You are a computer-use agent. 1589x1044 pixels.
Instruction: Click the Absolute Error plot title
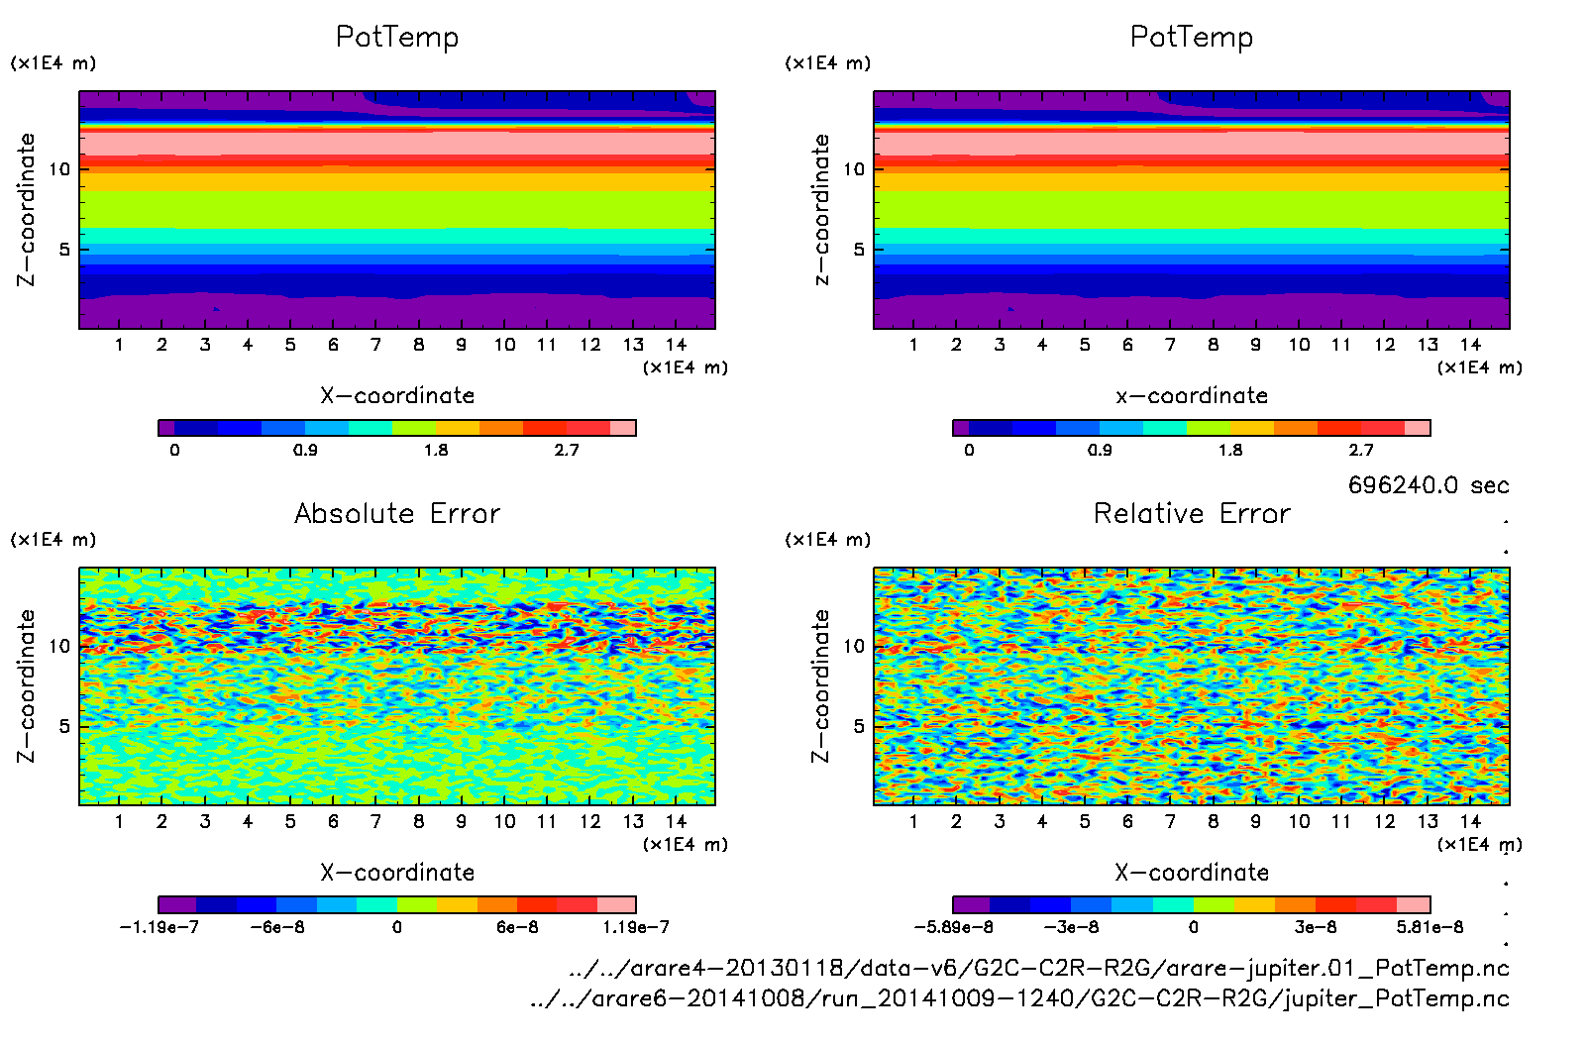point(397,513)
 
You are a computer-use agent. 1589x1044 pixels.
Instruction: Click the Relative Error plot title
point(1192,513)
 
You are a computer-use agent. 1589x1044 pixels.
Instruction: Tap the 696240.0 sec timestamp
point(1428,485)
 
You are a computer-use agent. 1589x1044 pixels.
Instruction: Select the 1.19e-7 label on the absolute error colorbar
point(636,927)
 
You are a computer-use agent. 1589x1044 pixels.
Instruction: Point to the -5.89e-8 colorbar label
point(953,927)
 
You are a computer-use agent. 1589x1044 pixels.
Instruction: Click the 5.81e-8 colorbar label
point(1430,927)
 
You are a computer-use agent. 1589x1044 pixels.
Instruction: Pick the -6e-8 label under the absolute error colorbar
point(277,927)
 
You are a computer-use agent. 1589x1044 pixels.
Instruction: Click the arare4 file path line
point(1039,968)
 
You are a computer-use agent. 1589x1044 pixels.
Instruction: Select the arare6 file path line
point(1019,998)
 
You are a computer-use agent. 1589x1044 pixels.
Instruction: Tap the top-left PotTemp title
point(397,37)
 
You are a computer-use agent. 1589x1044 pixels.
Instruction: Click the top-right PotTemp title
point(1192,37)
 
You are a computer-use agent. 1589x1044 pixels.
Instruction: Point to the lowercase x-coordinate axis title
point(1192,395)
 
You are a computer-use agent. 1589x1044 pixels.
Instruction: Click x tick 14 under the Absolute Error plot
point(676,821)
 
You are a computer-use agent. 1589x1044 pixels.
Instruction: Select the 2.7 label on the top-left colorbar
point(567,450)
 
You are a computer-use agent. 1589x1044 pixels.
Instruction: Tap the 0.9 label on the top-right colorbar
point(1100,450)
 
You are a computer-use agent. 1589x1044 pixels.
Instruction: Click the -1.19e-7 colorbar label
point(159,927)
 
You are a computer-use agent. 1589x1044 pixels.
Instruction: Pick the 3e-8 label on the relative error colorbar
point(1316,927)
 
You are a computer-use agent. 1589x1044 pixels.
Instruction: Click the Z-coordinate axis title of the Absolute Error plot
point(27,685)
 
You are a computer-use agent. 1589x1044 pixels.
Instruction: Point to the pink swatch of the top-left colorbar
point(622,428)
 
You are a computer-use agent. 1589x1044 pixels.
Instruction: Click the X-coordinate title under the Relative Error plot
point(1192,873)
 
